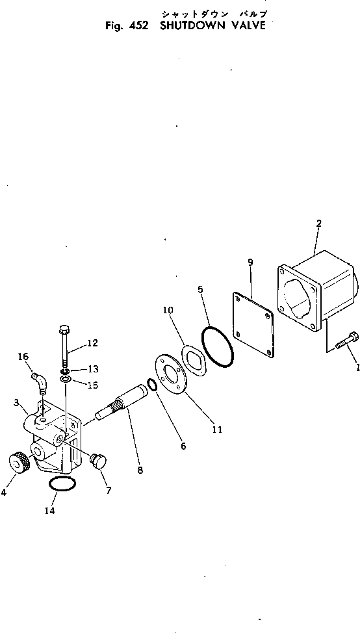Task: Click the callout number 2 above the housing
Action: click(319, 224)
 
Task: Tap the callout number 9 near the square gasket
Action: click(250, 263)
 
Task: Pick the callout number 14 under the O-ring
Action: click(50, 511)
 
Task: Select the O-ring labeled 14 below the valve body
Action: click(62, 484)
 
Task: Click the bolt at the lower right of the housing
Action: click(344, 342)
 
